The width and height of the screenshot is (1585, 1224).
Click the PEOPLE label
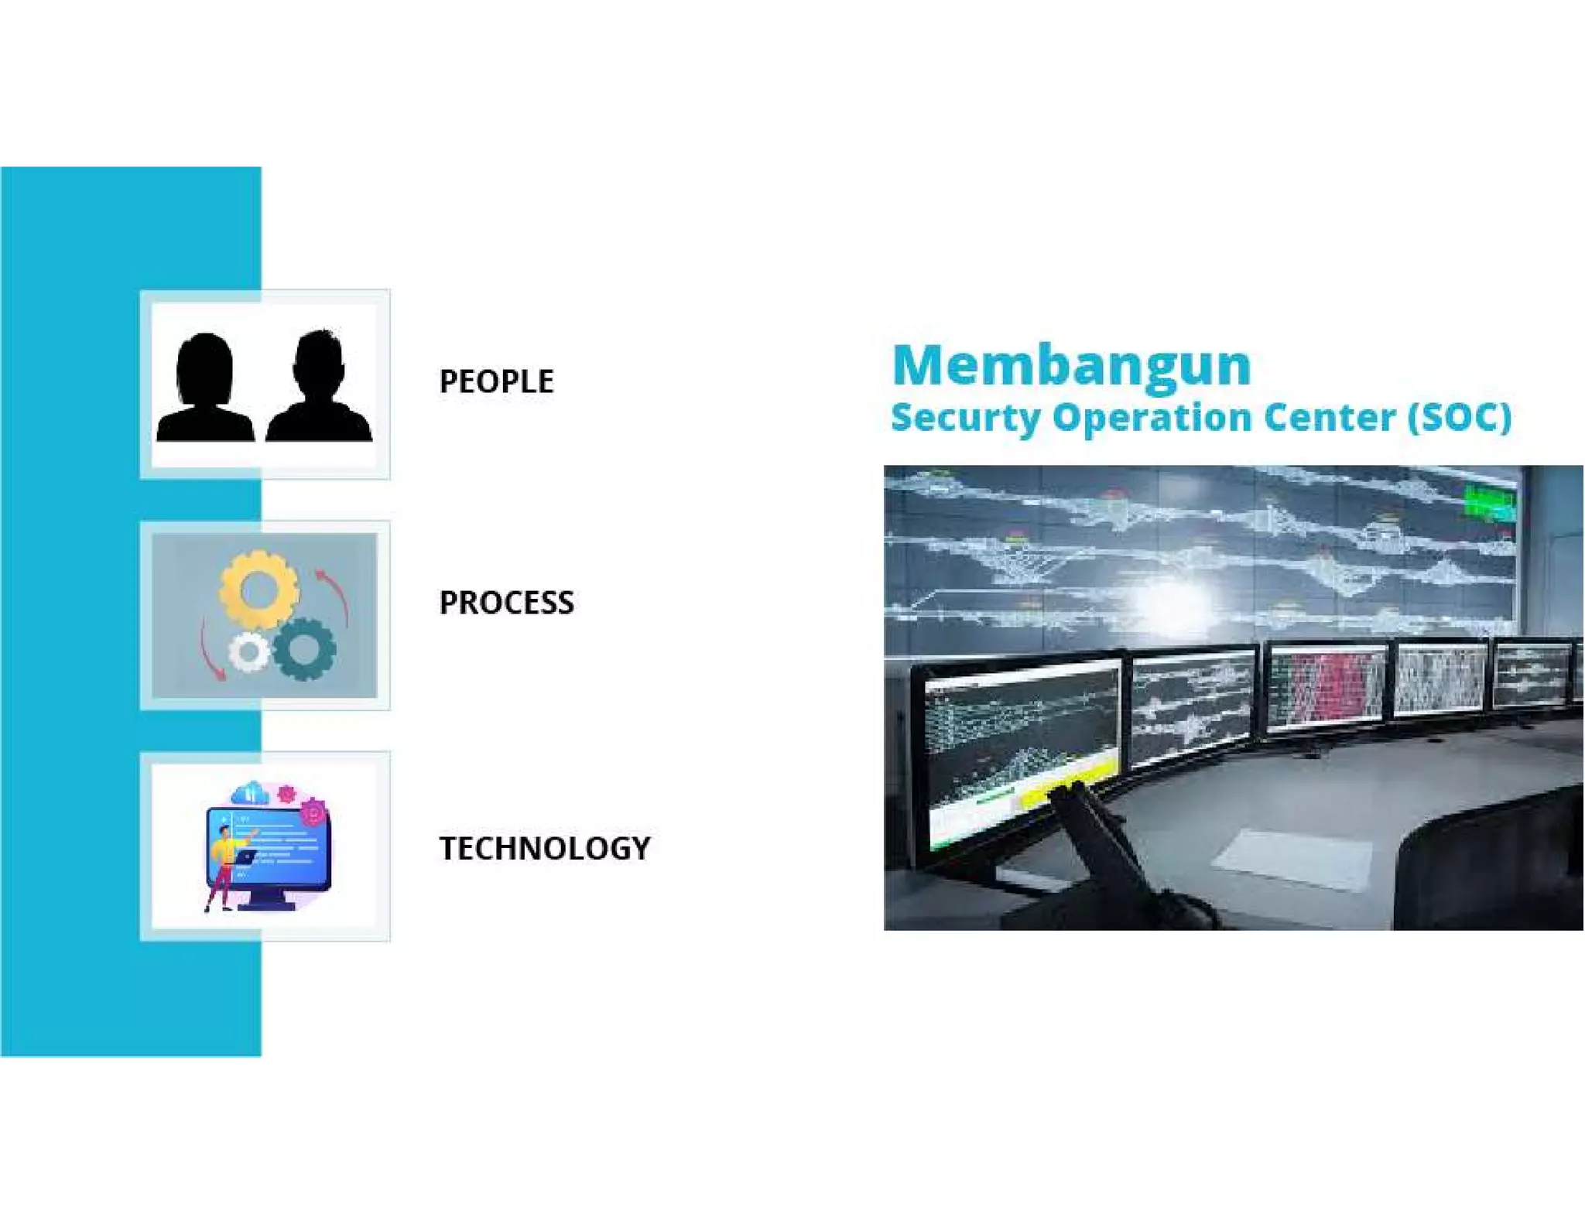tap(496, 381)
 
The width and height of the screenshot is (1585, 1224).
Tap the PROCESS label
tap(506, 603)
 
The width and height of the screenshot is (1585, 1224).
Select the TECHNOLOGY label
tap(545, 848)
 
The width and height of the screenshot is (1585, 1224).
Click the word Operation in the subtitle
tap(1152, 417)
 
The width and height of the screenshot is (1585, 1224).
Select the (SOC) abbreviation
tap(1459, 417)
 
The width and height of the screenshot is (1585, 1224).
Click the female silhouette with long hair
tap(205, 388)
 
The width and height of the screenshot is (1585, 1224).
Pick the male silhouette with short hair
tap(319, 387)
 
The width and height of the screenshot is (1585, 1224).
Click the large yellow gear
tap(258, 590)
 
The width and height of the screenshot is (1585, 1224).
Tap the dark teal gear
tap(304, 649)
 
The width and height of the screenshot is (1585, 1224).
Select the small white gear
tap(248, 652)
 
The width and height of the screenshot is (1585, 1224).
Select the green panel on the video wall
tap(1488, 503)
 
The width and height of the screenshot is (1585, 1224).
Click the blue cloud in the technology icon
tap(249, 793)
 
